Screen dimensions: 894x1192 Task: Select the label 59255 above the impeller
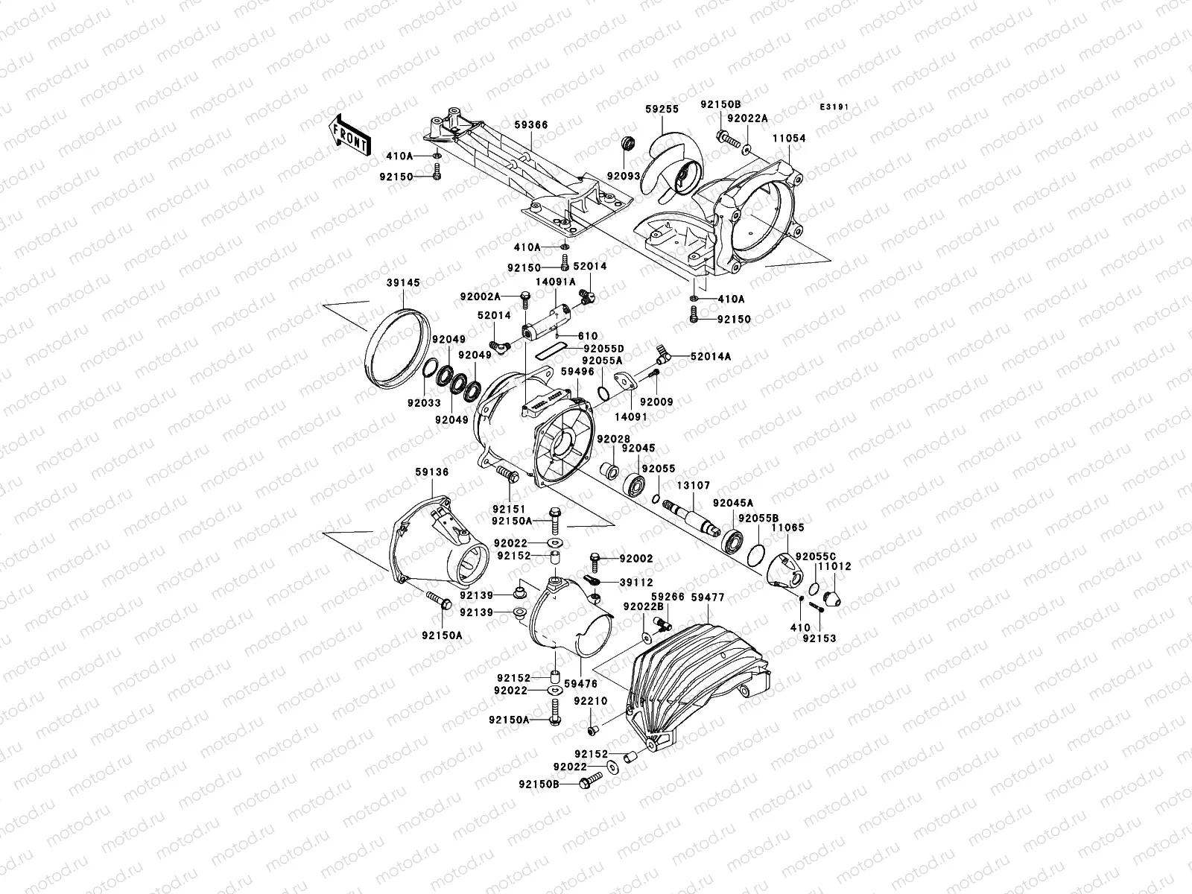point(662,109)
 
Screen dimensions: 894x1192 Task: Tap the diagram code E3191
point(835,108)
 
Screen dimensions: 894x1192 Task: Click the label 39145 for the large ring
point(404,283)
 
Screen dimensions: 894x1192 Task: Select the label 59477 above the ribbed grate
point(708,597)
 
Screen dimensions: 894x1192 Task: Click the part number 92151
point(509,509)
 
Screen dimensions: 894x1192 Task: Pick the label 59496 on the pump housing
point(577,372)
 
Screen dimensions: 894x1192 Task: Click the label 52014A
point(710,357)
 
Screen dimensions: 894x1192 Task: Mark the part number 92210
point(590,702)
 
